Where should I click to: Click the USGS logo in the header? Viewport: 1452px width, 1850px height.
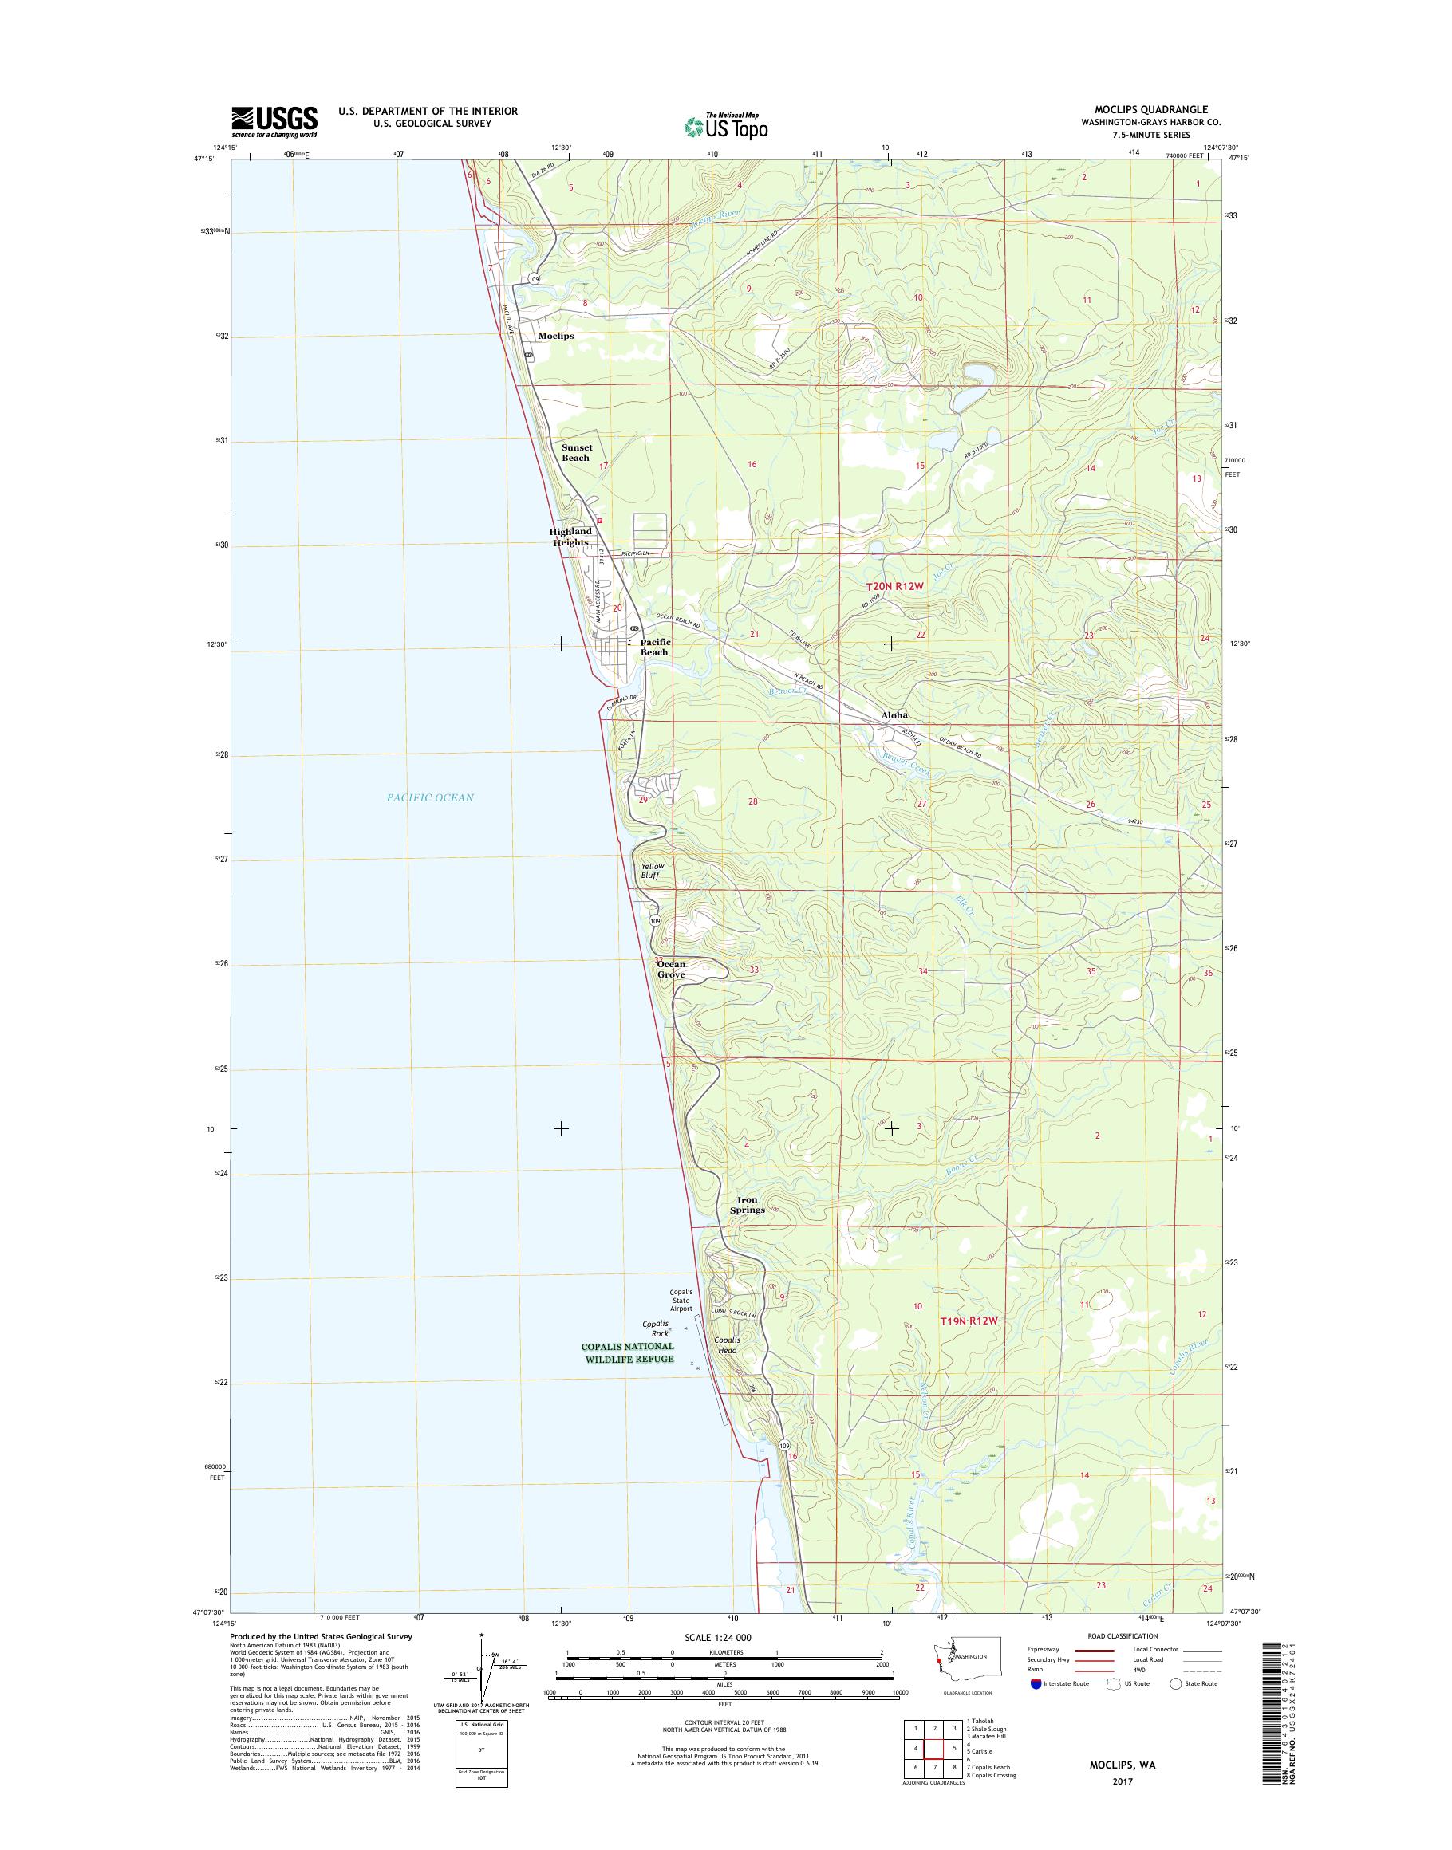[274, 121]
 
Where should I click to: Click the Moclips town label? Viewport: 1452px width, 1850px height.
[555, 336]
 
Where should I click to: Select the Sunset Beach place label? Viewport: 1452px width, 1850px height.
[575, 452]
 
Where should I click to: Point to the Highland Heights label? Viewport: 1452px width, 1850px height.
[570, 536]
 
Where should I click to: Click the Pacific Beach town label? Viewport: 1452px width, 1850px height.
[653, 647]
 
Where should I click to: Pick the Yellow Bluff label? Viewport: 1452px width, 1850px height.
[653, 869]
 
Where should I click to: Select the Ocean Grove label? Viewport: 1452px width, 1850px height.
[671, 969]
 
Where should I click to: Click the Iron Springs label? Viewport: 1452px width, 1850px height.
[747, 1204]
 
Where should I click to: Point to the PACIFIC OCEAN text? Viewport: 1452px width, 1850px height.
[429, 797]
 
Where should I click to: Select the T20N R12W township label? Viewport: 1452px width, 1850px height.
[894, 586]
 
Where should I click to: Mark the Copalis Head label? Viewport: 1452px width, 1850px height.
[726, 1344]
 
